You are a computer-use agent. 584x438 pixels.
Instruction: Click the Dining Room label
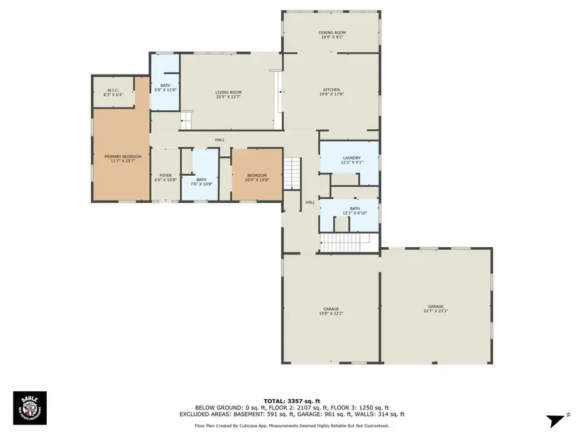click(x=332, y=35)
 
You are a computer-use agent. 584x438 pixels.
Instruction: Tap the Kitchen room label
click(x=332, y=92)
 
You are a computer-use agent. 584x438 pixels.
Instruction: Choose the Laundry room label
click(x=351, y=160)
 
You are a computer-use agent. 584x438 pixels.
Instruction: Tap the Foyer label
click(x=165, y=177)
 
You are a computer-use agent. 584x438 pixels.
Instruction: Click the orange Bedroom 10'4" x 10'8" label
click(x=256, y=177)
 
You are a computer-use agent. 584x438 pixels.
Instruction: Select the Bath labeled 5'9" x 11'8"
click(x=165, y=88)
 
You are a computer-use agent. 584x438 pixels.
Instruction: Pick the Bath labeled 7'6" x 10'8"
click(x=201, y=182)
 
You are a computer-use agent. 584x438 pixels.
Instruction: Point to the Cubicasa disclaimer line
click(x=291, y=426)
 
